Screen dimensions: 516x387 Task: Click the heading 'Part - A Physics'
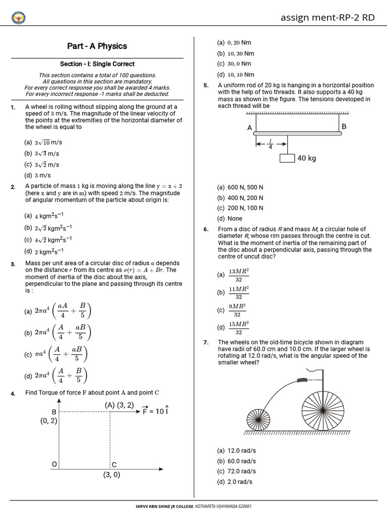pyautogui.click(x=97, y=46)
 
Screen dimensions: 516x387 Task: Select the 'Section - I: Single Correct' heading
pyautogui.click(x=97, y=64)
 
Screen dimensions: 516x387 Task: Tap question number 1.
pyautogui.click(x=13, y=107)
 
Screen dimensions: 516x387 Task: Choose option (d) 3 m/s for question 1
pyautogui.click(x=38, y=175)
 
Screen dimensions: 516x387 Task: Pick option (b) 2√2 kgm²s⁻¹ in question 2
pyautogui.click(x=48, y=228)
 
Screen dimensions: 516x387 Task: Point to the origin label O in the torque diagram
pyautogui.click(x=54, y=464)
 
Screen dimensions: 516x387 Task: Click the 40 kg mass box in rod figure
pyautogui.click(x=287, y=158)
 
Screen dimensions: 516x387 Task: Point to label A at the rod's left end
pyautogui.click(x=249, y=128)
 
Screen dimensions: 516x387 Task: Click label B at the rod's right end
pyautogui.click(x=344, y=126)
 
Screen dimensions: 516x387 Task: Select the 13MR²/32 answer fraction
pyautogui.click(x=239, y=275)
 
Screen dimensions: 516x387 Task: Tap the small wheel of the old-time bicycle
pyautogui.click(x=259, y=419)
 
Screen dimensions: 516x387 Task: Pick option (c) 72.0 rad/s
pyautogui.click(x=236, y=471)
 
